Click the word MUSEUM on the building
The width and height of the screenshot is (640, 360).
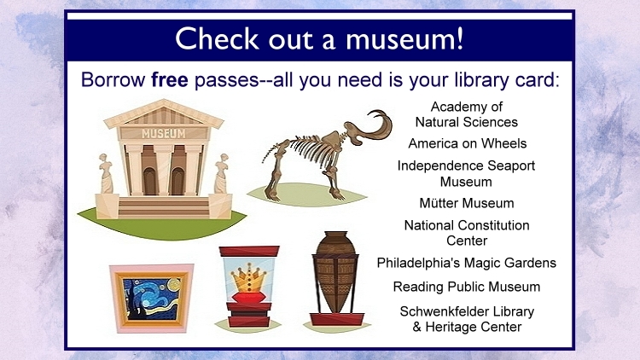(x=163, y=133)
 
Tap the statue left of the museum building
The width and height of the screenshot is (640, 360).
(x=106, y=173)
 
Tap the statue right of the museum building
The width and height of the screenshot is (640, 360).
(x=222, y=173)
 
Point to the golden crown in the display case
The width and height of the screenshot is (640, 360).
(x=247, y=277)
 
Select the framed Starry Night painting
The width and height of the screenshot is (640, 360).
(x=152, y=299)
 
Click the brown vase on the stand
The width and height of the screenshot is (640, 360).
(x=335, y=272)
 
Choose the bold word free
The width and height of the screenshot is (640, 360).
(x=170, y=79)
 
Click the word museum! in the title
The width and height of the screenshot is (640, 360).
(x=404, y=38)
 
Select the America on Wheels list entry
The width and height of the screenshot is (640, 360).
(x=467, y=143)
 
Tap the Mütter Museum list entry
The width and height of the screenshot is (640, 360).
(x=467, y=203)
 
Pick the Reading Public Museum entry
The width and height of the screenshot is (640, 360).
(x=467, y=287)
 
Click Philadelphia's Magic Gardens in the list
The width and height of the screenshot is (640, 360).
(x=467, y=263)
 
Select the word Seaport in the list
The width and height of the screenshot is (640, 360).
(x=511, y=166)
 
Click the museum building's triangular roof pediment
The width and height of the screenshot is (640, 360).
(x=164, y=113)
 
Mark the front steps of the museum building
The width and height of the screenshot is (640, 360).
(x=164, y=207)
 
